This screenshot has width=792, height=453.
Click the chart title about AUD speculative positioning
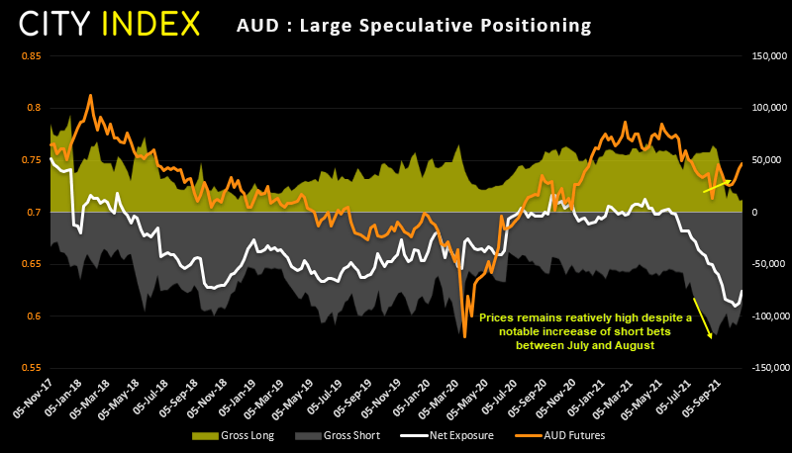pyautogui.click(x=414, y=23)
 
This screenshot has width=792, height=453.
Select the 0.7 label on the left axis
pyautogui.click(x=34, y=213)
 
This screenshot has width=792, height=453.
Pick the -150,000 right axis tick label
pyautogui.click(x=765, y=368)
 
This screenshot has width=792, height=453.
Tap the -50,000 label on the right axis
pyautogui.click(x=766, y=264)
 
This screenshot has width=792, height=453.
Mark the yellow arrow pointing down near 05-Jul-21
pyautogui.click(x=702, y=317)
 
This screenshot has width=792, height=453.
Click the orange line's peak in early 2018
pyautogui.click(x=91, y=96)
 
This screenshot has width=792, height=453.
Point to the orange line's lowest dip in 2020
pyautogui.click(x=464, y=336)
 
